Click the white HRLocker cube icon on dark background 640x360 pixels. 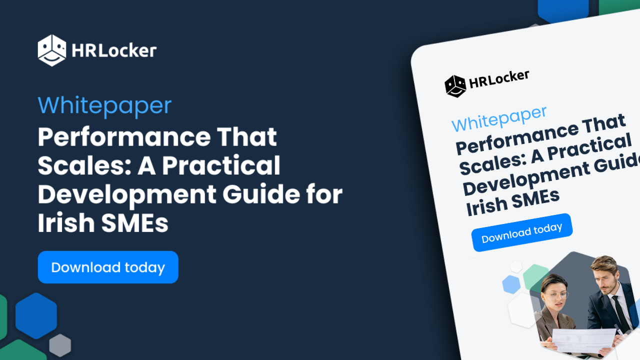(51, 50)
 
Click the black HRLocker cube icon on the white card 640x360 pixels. (455, 86)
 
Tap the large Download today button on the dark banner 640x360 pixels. (108, 267)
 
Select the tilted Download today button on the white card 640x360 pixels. (521, 232)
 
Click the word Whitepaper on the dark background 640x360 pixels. (104, 105)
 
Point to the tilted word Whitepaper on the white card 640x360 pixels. (498, 119)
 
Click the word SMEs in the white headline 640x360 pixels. (135, 223)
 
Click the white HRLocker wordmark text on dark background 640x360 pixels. (114, 50)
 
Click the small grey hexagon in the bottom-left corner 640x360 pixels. (60, 345)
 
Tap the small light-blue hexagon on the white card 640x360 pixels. (511, 284)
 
